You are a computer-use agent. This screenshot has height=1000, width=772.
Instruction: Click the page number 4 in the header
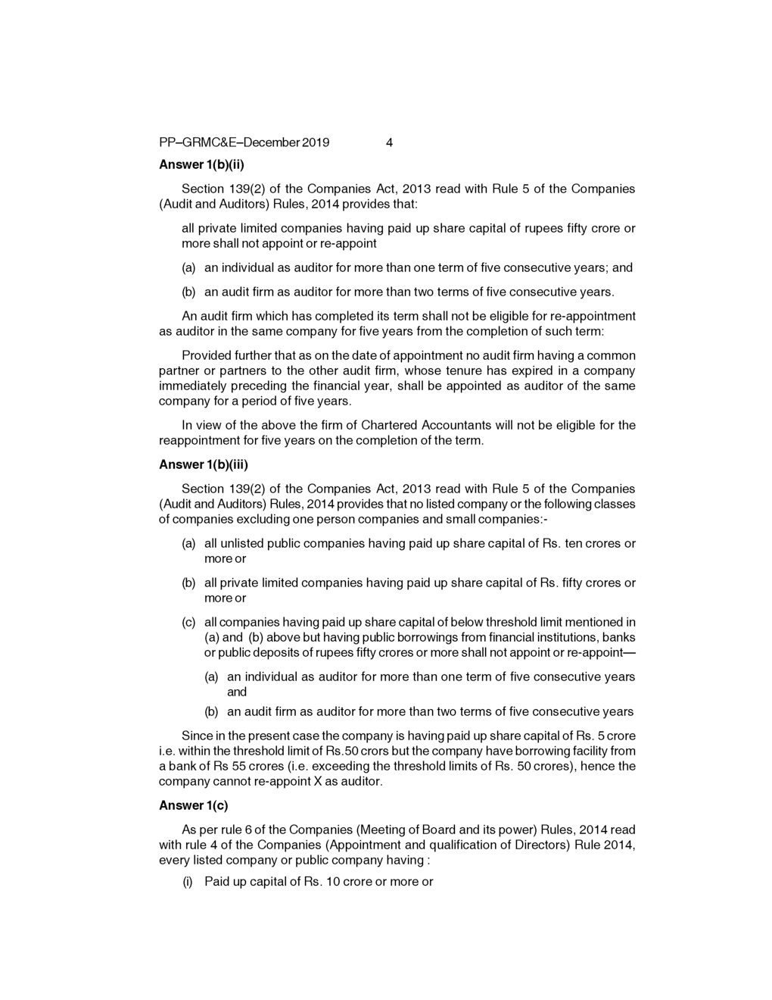[x=389, y=142]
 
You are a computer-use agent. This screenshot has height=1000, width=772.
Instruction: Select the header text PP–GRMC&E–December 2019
[x=244, y=142]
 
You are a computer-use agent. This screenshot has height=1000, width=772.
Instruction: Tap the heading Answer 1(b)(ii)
[x=202, y=164]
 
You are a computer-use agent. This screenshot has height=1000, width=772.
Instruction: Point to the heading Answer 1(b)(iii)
[x=204, y=464]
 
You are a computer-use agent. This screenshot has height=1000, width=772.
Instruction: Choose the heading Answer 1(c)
[x=193, y=805]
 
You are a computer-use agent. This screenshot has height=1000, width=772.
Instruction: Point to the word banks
[x=618, y=637]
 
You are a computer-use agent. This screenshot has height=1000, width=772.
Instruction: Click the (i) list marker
[x=188, y=881]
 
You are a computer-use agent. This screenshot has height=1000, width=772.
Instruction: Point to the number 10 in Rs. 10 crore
[x=332, y=881]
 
